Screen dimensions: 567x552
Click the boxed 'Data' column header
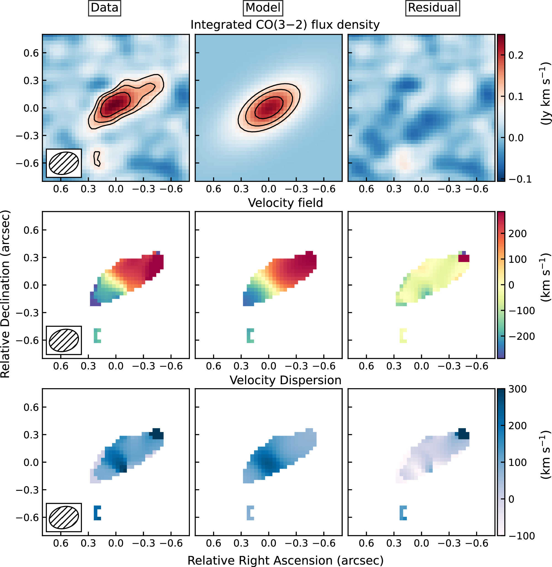(x=104, y=8)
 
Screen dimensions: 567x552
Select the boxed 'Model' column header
(x=263, y=8)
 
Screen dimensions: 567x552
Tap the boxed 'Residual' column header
(x=432, y=8)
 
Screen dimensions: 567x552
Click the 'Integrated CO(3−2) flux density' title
(x=285, y=25)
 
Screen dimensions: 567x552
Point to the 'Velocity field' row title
(x=285, y=203)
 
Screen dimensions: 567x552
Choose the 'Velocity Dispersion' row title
(x=285, y=380)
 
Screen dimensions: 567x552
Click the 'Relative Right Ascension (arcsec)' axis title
(x=285, y=560)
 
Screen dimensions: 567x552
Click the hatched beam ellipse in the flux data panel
(x=64, y=163)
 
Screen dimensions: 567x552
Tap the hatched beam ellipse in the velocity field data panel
(x=64, y=340)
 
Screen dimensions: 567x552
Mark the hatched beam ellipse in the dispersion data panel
(x=64, y=517)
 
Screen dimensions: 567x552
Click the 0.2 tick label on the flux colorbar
(x=516, y=55)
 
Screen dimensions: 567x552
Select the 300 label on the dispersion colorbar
(x=517, y=389)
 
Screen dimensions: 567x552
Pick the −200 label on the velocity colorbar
(x=521, y=337)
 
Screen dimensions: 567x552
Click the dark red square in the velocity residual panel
(x=464, y=258)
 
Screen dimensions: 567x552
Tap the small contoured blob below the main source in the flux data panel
(x=97, y=159)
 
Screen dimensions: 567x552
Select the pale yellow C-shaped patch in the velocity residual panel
(x=402, y=336)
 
